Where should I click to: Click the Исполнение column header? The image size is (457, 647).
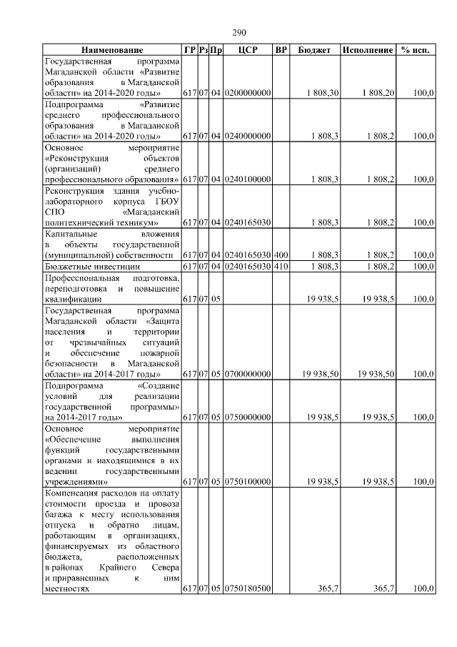[x=367, y=50]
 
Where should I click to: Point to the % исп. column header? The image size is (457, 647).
[x=415, y=50]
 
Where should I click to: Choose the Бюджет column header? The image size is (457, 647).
[x=314, y=50]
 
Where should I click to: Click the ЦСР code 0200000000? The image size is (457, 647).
[x=247, y=94]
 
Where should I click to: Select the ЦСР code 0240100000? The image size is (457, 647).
[x=247, y=179]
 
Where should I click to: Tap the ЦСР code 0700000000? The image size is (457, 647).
[x=247, y=374]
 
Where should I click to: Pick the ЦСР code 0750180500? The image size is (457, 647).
[x=247, y=588]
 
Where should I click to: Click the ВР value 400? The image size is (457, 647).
[x=281, y=255]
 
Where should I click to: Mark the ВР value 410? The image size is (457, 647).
[x=281, y=267]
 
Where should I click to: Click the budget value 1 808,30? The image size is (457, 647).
[x=321, y=94]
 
